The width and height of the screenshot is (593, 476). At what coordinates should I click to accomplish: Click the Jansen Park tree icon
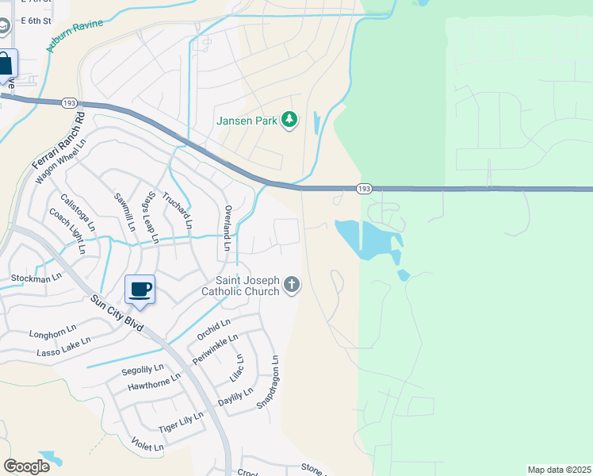[290, 120]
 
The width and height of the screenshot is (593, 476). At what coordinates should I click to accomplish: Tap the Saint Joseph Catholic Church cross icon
[292, 284]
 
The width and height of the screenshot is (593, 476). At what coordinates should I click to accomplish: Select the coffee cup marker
[140, 289]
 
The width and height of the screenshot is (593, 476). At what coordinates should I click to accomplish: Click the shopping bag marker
[4, 63]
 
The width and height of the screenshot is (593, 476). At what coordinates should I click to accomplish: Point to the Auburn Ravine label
[75, 36]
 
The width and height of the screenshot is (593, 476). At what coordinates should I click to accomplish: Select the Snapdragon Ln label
[270, 382]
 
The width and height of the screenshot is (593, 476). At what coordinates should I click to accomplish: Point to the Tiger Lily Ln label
[181, 421]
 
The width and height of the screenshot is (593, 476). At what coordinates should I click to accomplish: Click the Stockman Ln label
[36, 278]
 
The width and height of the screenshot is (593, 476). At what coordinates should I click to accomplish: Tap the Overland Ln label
[227, 229]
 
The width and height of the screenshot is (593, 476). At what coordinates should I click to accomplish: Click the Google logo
[26, 466]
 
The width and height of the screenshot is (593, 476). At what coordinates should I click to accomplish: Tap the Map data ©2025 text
[558, 470]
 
